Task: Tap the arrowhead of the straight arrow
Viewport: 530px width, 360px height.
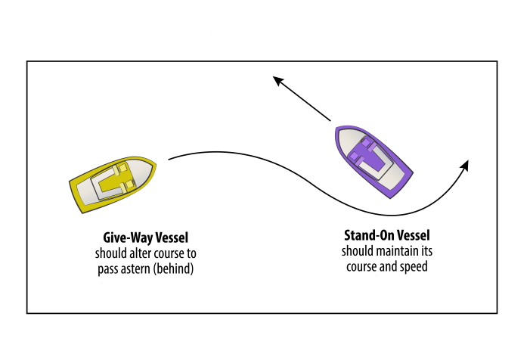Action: pos(277,77)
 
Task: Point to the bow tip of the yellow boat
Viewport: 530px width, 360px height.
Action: pos(155,162)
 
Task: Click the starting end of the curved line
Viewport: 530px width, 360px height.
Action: pos(169,159)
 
